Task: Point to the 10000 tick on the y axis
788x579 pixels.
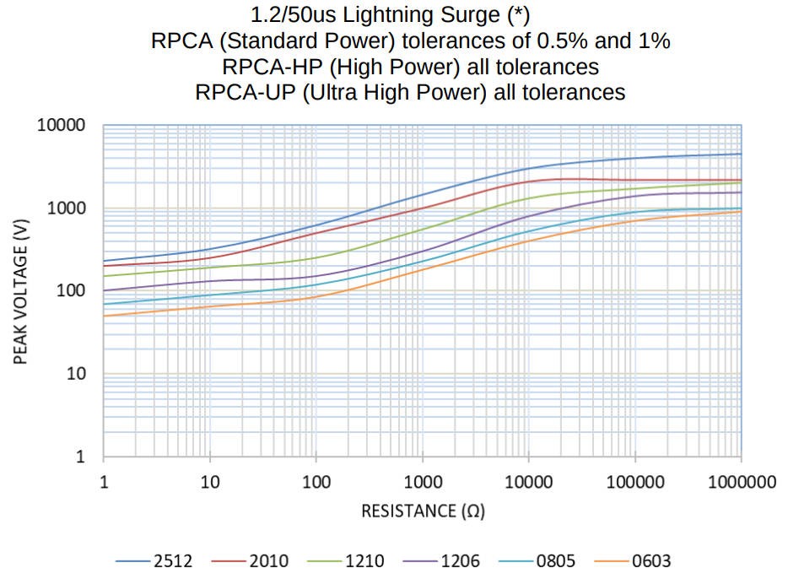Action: (x=62, y=126)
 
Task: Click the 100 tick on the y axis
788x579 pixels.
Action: (x=73, y=291)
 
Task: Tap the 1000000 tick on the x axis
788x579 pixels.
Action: (x=741, y=483)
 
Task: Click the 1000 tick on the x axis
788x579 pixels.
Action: (x=423, y=483)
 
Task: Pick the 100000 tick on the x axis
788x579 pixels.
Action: (x=634, y=483)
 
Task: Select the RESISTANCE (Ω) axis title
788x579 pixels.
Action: (x=423, y=511)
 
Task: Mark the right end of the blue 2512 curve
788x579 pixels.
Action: (x=741, y=154)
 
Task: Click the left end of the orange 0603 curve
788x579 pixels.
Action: (x=104, y=317)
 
